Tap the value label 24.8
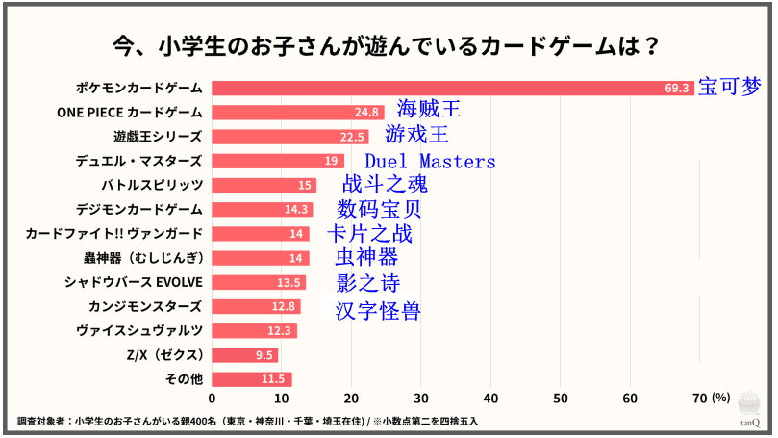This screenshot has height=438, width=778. pos(366,112)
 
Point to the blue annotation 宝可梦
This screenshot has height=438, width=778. pos(728,86)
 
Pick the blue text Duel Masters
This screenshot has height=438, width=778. pos(430,161)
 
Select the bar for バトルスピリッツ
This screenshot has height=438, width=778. pos(264,185)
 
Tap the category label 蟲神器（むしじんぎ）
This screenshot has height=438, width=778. pos(142,257)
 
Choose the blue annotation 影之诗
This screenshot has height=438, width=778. pos(368,282)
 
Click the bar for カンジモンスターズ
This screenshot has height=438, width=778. pos(256,306)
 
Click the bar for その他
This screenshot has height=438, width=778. pos(251,379)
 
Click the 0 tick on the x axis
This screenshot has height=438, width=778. pos(212,399)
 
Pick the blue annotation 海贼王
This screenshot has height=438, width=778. pos(429,109)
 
